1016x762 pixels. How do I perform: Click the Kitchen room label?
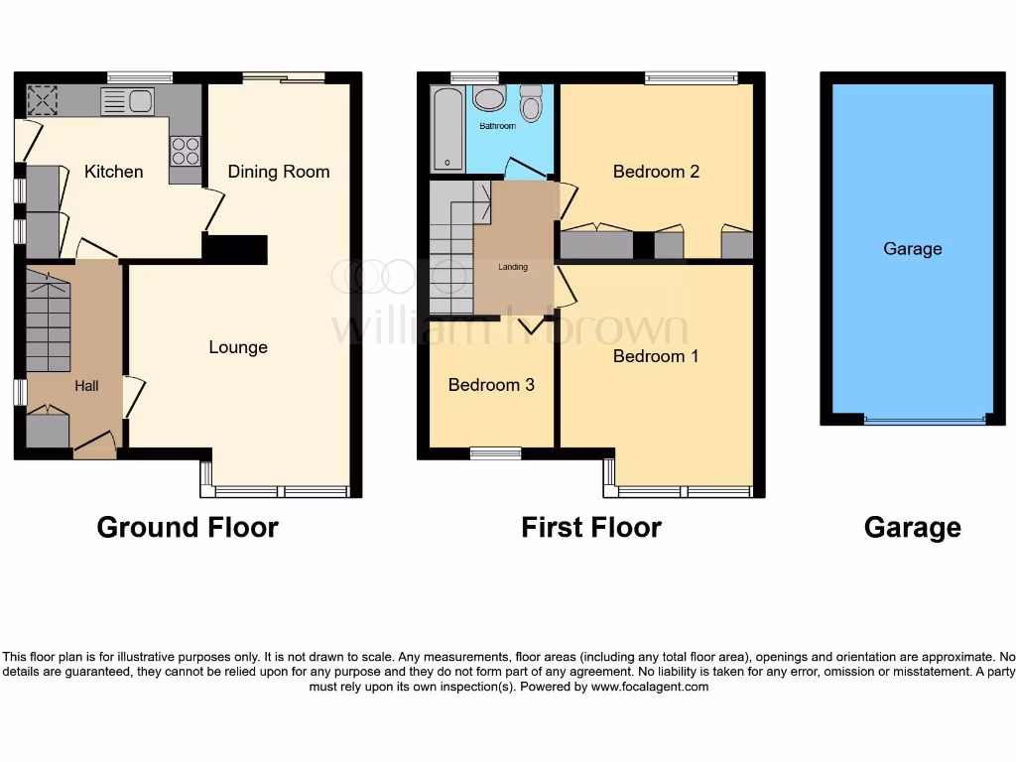pos(113,172)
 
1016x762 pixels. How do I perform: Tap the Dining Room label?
pos(278,172)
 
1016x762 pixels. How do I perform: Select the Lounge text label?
pos(238,347)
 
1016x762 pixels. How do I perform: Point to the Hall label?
pos(86,385)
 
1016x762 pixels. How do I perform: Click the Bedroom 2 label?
pos(656,172)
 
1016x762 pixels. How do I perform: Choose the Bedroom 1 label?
pos(656,356)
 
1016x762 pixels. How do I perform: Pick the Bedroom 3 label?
pos(491,385)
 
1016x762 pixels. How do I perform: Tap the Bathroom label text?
pos(498,127)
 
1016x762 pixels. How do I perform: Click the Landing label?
pos(513,267)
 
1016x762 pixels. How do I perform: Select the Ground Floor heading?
pos(188,527)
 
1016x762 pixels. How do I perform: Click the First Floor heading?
pos(591,527)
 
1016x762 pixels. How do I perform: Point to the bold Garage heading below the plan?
pos(912,527)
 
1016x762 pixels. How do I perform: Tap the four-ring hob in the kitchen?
pos(185,150)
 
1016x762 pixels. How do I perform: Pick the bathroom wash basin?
pos(487,97)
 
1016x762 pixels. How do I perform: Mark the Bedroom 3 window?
pos(495,453)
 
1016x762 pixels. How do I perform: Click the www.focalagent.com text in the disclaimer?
pos(650,687)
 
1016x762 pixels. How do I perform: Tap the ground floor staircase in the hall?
pos(48,317)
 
